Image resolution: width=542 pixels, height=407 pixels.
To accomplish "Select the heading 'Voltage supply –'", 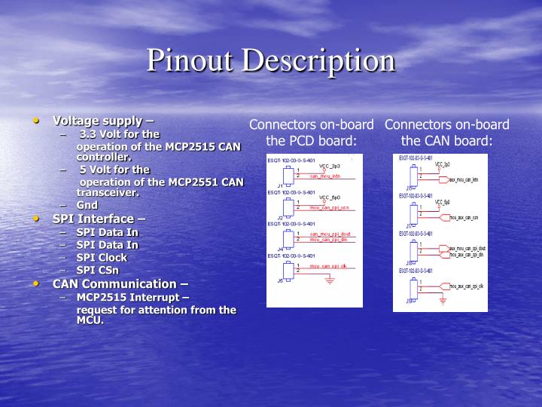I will coord(102,121).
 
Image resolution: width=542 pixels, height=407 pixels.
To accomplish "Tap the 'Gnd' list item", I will coord(87,205).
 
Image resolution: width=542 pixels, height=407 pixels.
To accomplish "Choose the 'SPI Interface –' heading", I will coord(99,219).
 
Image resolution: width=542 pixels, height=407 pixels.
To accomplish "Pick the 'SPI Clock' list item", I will coord(102,257).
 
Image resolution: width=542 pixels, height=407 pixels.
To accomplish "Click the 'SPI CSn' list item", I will coord(97,270).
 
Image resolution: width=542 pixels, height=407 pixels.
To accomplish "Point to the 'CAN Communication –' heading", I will coord(120,283).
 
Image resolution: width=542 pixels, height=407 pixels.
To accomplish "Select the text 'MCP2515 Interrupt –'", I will coord(132,297).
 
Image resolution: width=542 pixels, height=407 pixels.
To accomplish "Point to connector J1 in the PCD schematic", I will coord(287,175).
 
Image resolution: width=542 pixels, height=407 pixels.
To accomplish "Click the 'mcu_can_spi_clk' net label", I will coord(328,266).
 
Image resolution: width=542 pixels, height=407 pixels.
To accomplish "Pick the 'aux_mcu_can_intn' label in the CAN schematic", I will coord(463,179).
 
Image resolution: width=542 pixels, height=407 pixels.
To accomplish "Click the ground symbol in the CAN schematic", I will coord(443,301).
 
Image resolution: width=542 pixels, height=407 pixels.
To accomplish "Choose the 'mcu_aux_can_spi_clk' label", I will coord(467,286).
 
